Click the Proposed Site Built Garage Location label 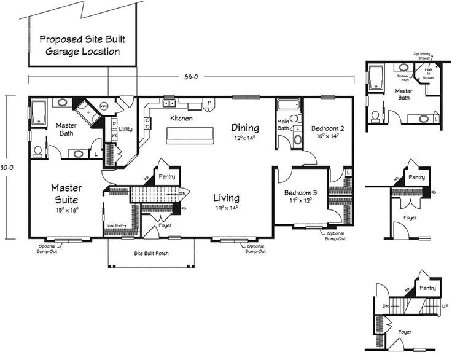click(x=80, y=45)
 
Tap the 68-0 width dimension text click(x=191, y=77)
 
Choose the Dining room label click(x=245, y=128)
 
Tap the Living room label click(x=226, y=198)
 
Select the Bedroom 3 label click(x=300, y=193)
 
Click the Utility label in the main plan click(x=126, y=129)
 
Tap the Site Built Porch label click(x=151, y=253)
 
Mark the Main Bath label click(x=283, y=125)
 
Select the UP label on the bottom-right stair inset click(x=444, y=305)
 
